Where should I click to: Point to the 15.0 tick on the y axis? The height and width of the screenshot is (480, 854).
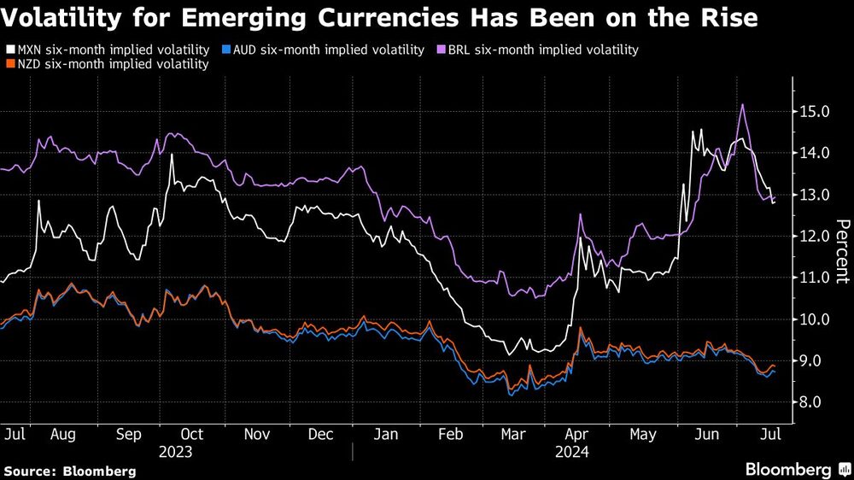814,112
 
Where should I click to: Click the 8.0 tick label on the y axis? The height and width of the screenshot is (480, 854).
814,402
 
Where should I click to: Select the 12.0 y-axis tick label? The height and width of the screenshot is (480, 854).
814,237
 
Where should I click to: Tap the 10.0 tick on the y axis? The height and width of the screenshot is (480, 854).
814,319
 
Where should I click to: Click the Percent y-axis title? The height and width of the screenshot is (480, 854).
840,251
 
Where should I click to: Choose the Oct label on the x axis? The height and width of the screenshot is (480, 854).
192,434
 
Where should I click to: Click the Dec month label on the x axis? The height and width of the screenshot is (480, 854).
320,434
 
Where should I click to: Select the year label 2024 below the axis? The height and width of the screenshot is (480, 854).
574,449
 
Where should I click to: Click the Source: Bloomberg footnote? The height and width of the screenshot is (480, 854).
70,471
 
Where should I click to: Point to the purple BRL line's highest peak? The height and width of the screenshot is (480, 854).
743,105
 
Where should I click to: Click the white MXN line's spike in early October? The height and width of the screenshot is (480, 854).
172,155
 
